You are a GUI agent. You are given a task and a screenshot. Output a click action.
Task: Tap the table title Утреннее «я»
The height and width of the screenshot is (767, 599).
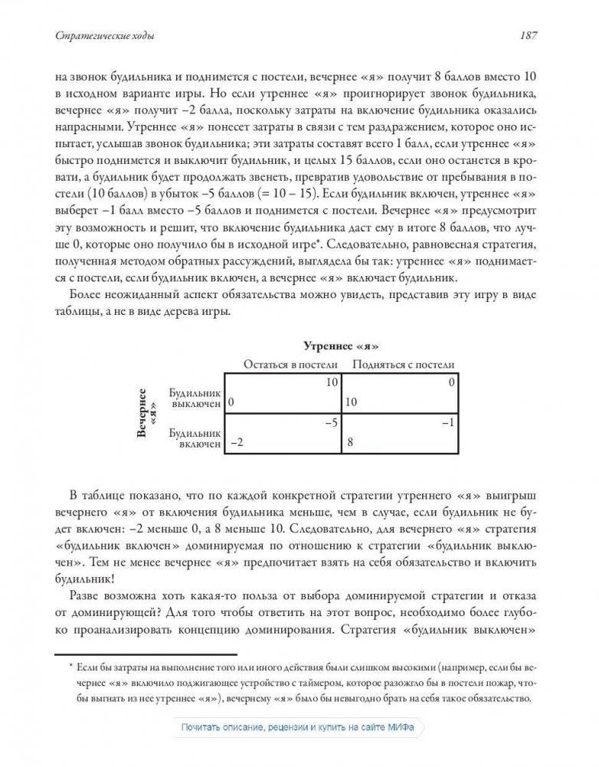(342, 347)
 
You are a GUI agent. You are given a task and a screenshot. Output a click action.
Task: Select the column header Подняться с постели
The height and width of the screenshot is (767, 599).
(403, 364)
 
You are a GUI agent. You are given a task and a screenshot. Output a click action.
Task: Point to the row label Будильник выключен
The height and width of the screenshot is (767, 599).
(196, 397)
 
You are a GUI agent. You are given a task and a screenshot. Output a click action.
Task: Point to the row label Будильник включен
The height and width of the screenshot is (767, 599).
(196, 438)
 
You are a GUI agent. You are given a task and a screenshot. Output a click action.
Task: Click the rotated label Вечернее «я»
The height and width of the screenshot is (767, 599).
(146, 413)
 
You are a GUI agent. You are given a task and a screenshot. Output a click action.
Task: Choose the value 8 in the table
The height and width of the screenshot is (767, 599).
(350, 443)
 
